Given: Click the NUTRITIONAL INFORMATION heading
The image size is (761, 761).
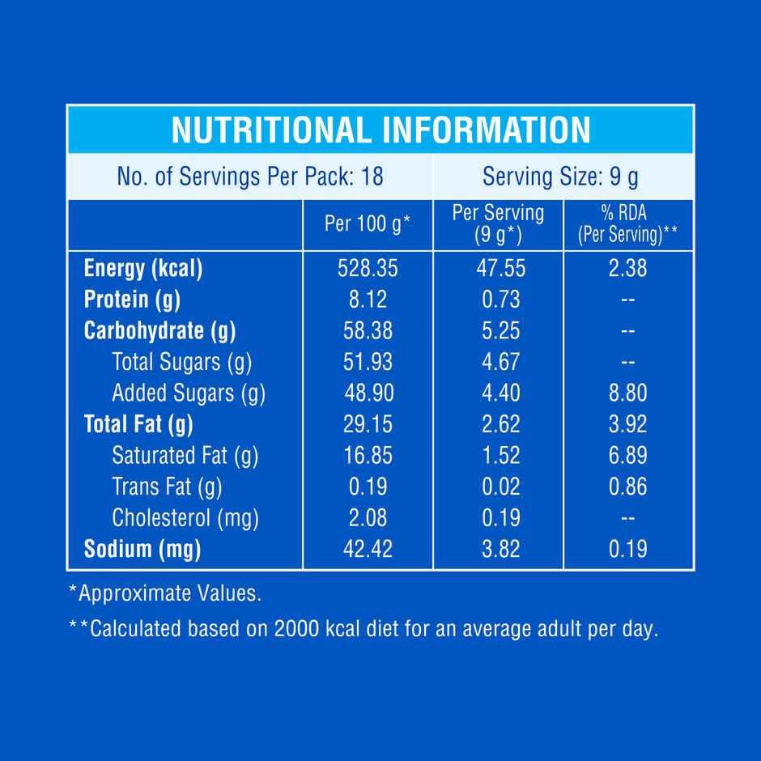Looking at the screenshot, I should click(380, 130).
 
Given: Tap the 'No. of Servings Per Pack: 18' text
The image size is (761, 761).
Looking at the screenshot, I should click(250, 176).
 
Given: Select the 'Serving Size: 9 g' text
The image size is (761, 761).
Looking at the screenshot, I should click(561, 176).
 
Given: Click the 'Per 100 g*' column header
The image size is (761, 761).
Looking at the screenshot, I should click(368, 224).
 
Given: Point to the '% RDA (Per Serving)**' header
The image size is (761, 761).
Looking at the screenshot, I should click(628, 224).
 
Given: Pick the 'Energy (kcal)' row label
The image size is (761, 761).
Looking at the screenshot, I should click(143, 268).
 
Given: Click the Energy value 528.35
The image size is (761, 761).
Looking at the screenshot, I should click(368, 268).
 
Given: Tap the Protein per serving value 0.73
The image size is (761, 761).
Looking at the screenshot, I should click(500, 300).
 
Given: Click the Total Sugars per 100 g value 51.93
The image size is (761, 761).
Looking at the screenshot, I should click(368, 362).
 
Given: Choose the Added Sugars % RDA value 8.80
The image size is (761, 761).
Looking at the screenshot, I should click(627, 393).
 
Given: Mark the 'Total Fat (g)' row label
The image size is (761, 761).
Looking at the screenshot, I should click(138, 424).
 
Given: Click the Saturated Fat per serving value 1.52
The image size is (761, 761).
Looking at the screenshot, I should click(500, 455).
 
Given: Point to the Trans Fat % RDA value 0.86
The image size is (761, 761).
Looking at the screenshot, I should click(627, 487).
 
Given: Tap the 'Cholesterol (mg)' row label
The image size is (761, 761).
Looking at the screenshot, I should click(185, 517).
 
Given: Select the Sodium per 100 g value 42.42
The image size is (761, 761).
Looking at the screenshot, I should click(368, 549).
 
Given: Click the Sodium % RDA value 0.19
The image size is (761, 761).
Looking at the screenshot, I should click(627, 549).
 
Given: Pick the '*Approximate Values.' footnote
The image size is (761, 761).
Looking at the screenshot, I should click(165, 593).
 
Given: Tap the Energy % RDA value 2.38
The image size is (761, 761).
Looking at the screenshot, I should click(627, 268).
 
